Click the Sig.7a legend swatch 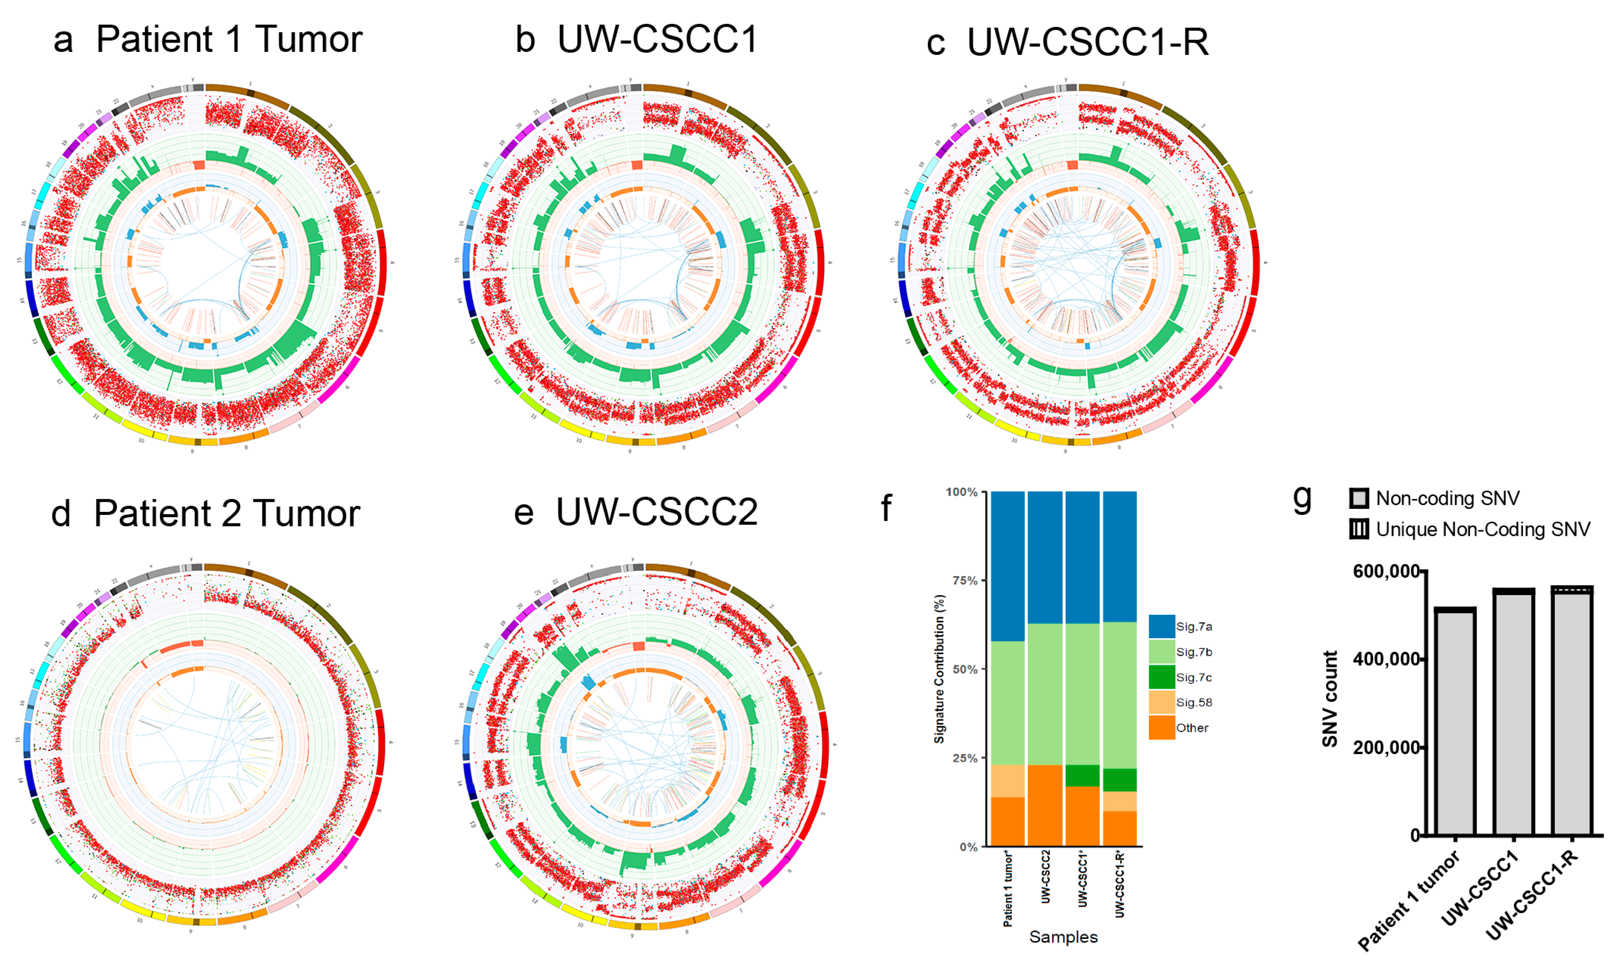[1162, 626]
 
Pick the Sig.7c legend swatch [1162, 677]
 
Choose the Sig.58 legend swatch [1162, 702]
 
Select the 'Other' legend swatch [1162, 728]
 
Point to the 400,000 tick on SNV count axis [1386, 659]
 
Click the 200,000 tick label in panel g [1386, 748]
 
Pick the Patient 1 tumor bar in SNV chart [1454, 722]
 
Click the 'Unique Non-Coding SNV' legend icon [1359, 529]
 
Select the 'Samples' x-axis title [1063, 937]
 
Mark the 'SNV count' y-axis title [1330, 699]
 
